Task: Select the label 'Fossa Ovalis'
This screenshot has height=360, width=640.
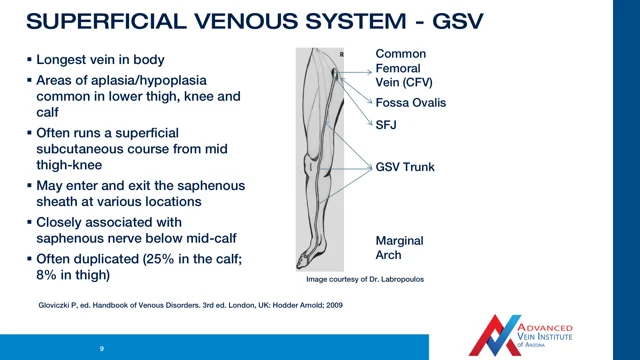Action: [x=410, y=103]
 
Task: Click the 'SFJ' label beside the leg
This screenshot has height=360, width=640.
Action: [x=387, y=124]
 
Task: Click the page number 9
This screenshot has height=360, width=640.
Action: [x=101, y=348]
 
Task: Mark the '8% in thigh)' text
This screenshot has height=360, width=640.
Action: [x=74, y=275]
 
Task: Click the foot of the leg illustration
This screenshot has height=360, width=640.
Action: [x=315, y=257]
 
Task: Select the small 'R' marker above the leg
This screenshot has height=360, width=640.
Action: [x=342, y=50]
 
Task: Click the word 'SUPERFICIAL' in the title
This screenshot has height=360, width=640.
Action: [x=100, y=20]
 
